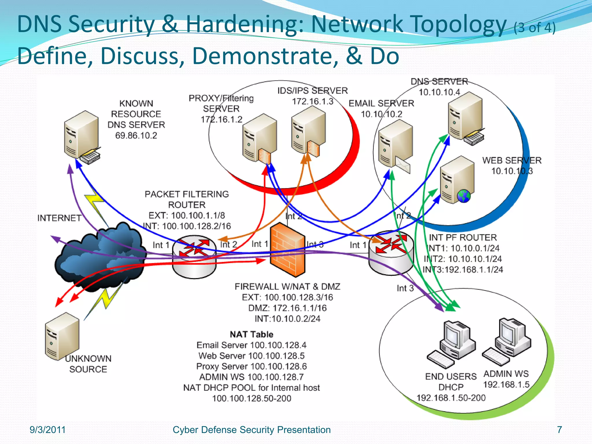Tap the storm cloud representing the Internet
coord(98,257)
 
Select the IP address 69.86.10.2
coord(136,136)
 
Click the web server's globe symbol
coord(464,196)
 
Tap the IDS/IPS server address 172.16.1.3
coord(312,101)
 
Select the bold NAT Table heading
coord(251,334)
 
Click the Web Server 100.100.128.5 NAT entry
coord(251,356)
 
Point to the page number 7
coord(559,430)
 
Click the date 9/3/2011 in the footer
coord(48,430)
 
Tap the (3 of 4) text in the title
coord(534,28)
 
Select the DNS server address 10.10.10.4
coord(439,92)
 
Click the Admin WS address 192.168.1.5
coord(506,385)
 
